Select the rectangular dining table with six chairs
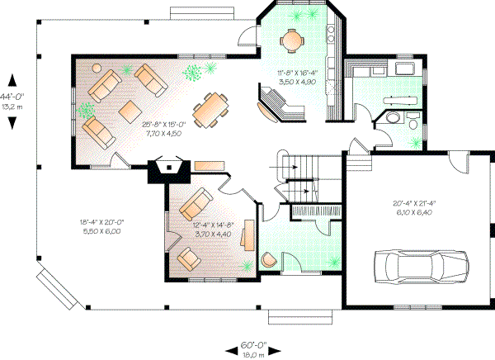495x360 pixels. point(211,109)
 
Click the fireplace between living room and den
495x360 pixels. point(169,169)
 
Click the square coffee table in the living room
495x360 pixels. point(130,110)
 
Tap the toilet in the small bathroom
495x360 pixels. point(390,120)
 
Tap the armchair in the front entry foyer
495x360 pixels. point(269,259)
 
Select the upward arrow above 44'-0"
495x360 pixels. point(13,79)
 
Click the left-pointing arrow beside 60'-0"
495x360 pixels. point(231,346)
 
